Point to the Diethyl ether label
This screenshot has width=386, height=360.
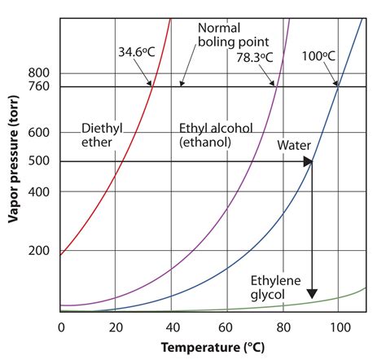101,135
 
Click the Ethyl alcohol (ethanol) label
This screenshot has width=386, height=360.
214,135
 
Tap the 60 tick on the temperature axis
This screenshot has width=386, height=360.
227,327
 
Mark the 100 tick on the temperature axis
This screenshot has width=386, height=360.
339,327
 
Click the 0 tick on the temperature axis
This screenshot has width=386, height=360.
61,327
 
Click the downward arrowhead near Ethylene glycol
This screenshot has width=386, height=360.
312,296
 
